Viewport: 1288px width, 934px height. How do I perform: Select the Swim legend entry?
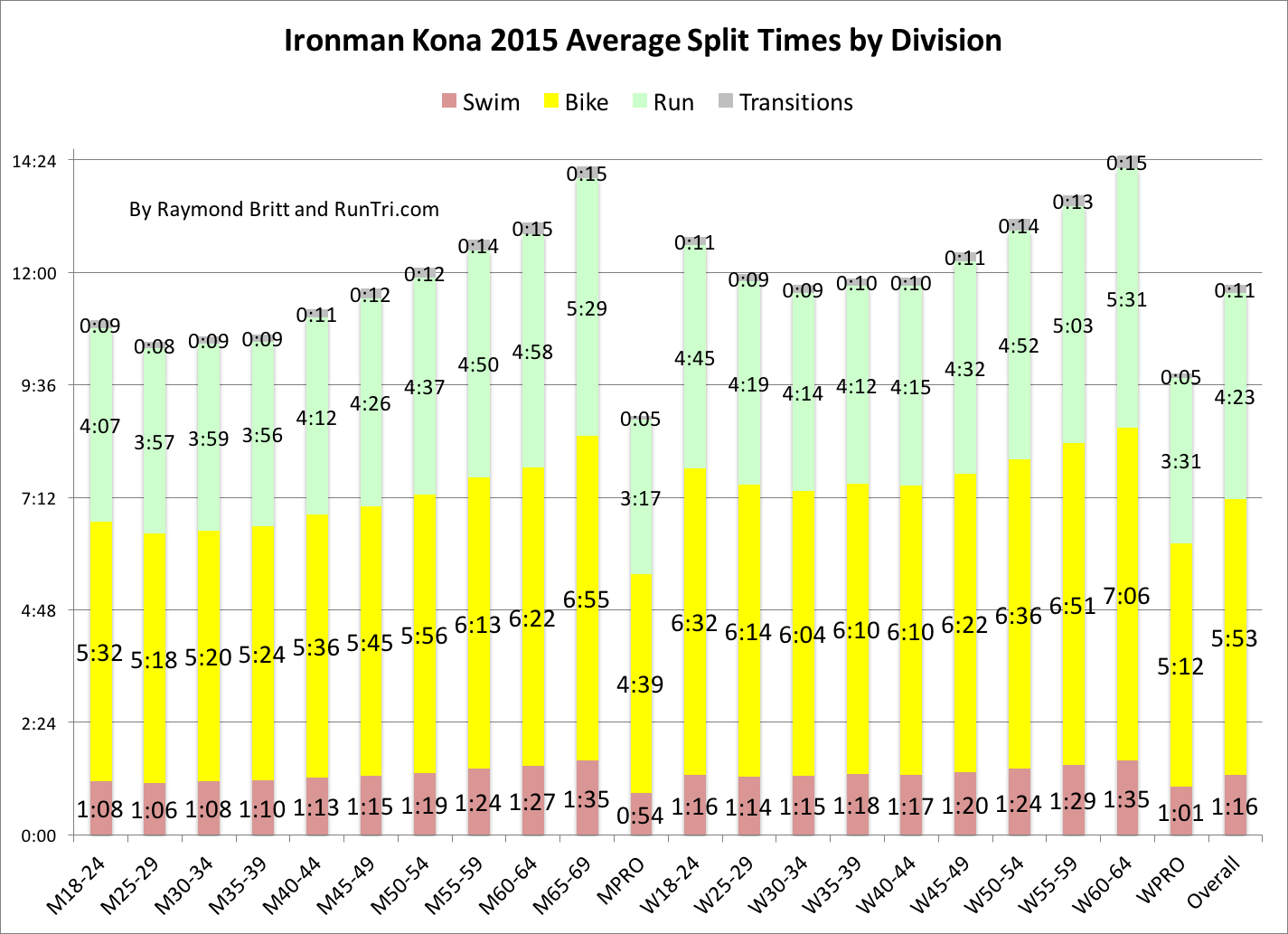coord(480,102)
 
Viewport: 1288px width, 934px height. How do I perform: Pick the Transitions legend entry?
coord(785,102)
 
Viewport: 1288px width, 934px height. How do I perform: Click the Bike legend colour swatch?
coord(549,102)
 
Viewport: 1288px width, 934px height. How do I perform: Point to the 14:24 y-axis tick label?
coord(34,162)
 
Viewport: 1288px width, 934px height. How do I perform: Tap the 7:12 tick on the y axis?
coord(39,498)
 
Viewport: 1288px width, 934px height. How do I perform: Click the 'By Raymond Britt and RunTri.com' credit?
coord(284,210)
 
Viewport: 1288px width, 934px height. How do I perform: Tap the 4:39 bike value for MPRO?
coord(640,684)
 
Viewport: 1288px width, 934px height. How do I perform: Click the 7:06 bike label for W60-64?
coord(1126,595)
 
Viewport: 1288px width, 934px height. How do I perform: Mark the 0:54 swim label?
coord(640,816)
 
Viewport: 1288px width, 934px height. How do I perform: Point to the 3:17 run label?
coord(640,498)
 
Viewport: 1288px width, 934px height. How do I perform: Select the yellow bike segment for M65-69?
coord(587,687)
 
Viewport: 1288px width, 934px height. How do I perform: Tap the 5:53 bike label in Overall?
coord(1235,638)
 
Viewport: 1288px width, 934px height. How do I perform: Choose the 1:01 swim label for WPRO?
coord(1180,813)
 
